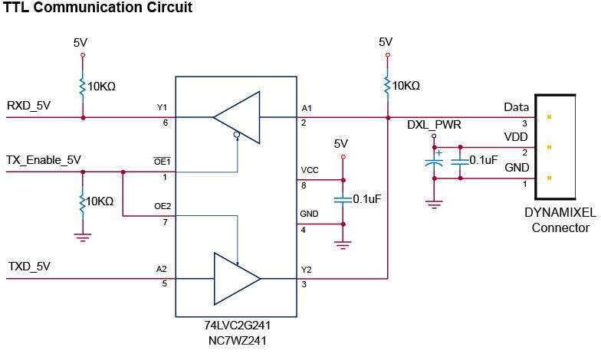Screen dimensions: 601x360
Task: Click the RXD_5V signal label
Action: [x=28, y=106]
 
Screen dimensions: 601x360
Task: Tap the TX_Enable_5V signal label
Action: [x=43, y=159]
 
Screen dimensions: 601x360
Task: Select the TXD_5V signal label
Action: [x=29, y=267]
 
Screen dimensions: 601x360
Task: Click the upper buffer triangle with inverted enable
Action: [x=236, y=117]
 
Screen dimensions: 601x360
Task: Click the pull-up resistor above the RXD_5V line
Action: [x=83, y=87]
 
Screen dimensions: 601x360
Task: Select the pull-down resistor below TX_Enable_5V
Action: [x=83, y=202]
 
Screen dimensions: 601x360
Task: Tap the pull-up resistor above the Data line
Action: [x=388, y=86]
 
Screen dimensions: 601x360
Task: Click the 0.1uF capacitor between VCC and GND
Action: [x=343, y=199]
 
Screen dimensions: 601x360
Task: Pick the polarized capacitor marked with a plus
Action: [x=434, y=162]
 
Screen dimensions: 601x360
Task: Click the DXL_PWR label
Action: [x=434, y=125]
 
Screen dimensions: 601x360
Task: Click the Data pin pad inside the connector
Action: [x=549, y=116]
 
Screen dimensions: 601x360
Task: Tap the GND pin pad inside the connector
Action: [x=549, y=178]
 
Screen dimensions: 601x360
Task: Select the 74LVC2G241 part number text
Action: [x=238, y=325]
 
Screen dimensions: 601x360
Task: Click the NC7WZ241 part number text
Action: [x=238, y=340]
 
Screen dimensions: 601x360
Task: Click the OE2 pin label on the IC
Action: [x=163, y=206]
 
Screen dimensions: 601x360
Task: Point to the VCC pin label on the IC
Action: [x=310, y=170]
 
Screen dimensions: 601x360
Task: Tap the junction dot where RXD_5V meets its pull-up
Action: [x=83, y=118]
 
